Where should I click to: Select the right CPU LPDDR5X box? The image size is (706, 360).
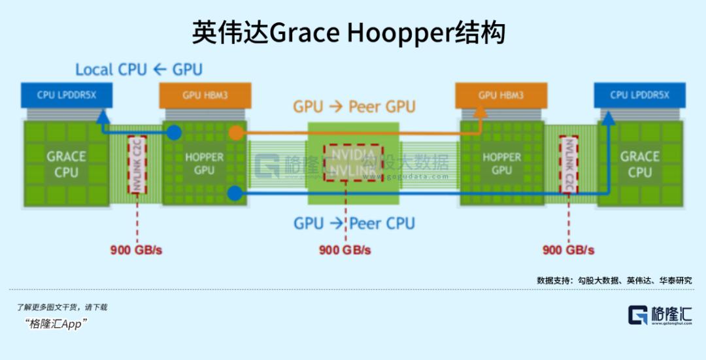(639, 95)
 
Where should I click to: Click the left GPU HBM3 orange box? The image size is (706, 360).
(205, 95)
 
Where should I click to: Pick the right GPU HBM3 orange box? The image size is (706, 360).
(501, 95)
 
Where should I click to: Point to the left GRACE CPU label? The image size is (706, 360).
(66, 164)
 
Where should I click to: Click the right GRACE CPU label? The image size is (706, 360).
(639, 164)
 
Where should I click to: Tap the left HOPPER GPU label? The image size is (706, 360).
(204, 163)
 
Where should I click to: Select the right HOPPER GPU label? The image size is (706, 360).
(501, 163)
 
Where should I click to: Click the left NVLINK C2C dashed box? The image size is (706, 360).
(138, 165)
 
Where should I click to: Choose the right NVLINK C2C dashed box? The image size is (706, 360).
(568, 165)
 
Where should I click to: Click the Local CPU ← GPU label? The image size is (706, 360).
(139, 69)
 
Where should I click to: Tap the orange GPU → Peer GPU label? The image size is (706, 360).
(354, 106)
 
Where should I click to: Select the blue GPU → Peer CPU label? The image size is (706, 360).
(354, 223)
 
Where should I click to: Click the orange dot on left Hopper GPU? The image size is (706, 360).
(236, 134)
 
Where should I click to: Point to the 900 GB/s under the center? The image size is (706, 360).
(345, 250)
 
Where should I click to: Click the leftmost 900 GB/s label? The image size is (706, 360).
(135, 250)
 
